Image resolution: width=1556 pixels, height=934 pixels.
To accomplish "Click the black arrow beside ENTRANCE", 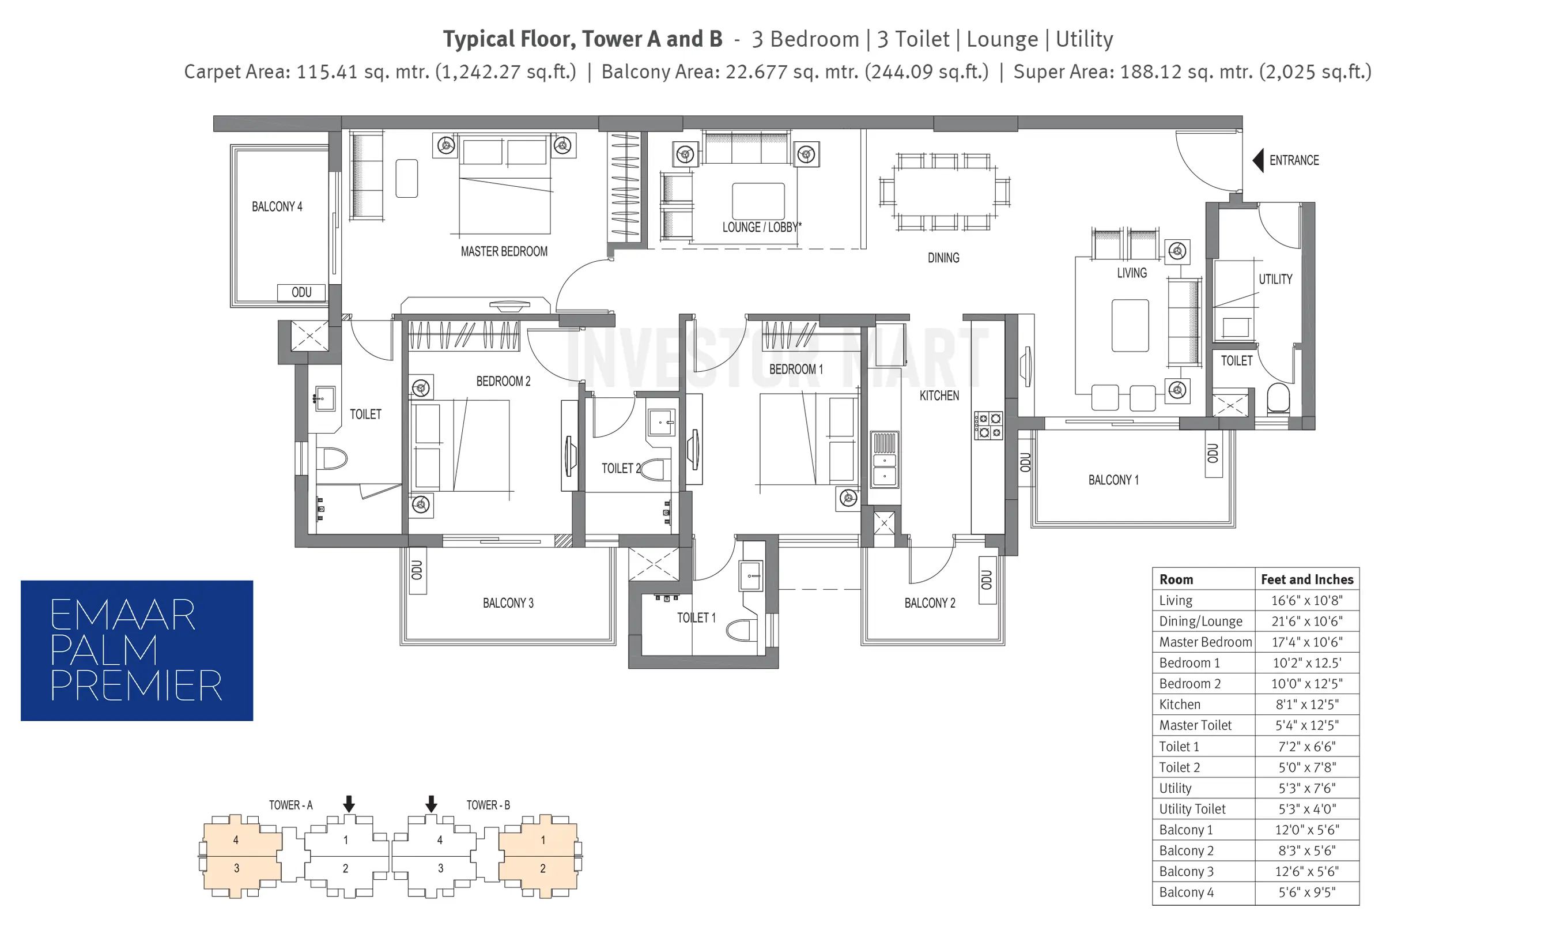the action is click(x=1258, y=160).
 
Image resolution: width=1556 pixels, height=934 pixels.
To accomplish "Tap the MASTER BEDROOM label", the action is click(x=504, y=252).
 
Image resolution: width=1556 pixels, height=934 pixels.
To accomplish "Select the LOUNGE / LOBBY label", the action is click(x=762, y=227).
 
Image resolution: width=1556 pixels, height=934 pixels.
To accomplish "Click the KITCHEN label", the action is click(x=939, y=396).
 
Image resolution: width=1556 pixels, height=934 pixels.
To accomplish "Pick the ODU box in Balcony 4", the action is click(x=301, y=293).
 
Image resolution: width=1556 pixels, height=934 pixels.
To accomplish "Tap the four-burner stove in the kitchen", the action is click(x=988, y=425).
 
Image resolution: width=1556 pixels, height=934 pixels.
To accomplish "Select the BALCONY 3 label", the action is click(x=508, y=603).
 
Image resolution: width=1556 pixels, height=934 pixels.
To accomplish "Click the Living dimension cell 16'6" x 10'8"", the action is click(x=1306, y=600).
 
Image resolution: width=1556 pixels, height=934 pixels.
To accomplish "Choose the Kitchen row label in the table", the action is click(x=1180, y=705).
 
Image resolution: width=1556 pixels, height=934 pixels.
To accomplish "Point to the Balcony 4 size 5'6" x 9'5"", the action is click(x=1306, y=892).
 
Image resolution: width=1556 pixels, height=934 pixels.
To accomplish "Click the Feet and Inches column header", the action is click(x=1307, y=579).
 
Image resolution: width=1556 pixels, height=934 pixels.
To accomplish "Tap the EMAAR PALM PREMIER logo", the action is click(x=137, y=650).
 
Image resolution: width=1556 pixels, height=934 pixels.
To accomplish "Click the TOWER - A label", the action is click(x=290, y=805).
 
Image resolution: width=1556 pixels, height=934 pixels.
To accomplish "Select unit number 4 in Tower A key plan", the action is click(x=236, y=839).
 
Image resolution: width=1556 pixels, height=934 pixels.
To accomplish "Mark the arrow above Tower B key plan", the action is click(x=431, y=804).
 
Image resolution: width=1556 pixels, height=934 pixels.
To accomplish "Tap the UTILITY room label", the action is click(x=1275, y=280).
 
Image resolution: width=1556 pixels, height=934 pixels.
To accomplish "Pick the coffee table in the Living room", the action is click(x=1130, y=325).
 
